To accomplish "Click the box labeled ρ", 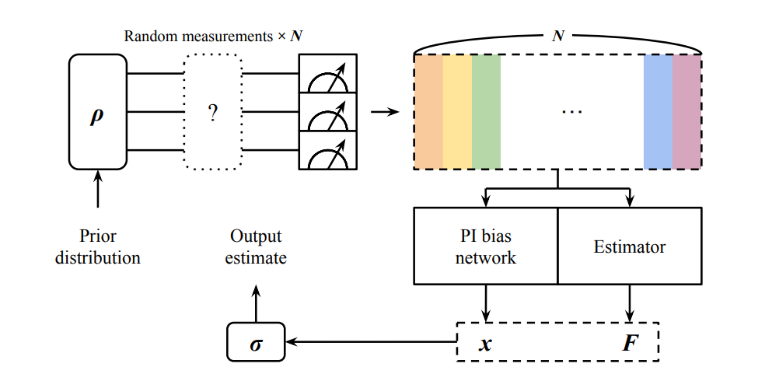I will [x=97, y=111].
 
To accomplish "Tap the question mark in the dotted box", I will [x=213, y=112].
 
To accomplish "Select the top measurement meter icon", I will [x=327, y=74].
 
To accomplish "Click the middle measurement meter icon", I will [x=327, y=112].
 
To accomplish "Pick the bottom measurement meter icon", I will [x=327, y=150].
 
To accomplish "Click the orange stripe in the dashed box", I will [x=428, y=111].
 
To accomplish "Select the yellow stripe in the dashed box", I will [x=457, y=111].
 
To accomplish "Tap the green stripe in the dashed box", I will [x=486, y=111].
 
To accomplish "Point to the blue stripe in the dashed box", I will [x=658, y=111].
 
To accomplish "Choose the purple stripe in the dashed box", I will [x=686, y=111].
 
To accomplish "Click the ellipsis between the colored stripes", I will [x=571, y=112].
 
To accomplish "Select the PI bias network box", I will [x=486, y=246].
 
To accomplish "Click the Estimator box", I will [x=630, y=246].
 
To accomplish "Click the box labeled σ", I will [x=256, y=341].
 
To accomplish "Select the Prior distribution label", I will [x=98, y=246].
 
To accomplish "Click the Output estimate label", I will [x=256, y=246].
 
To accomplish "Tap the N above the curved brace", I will [x=557, y=37].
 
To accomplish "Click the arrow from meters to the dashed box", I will [x=384, y=112].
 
